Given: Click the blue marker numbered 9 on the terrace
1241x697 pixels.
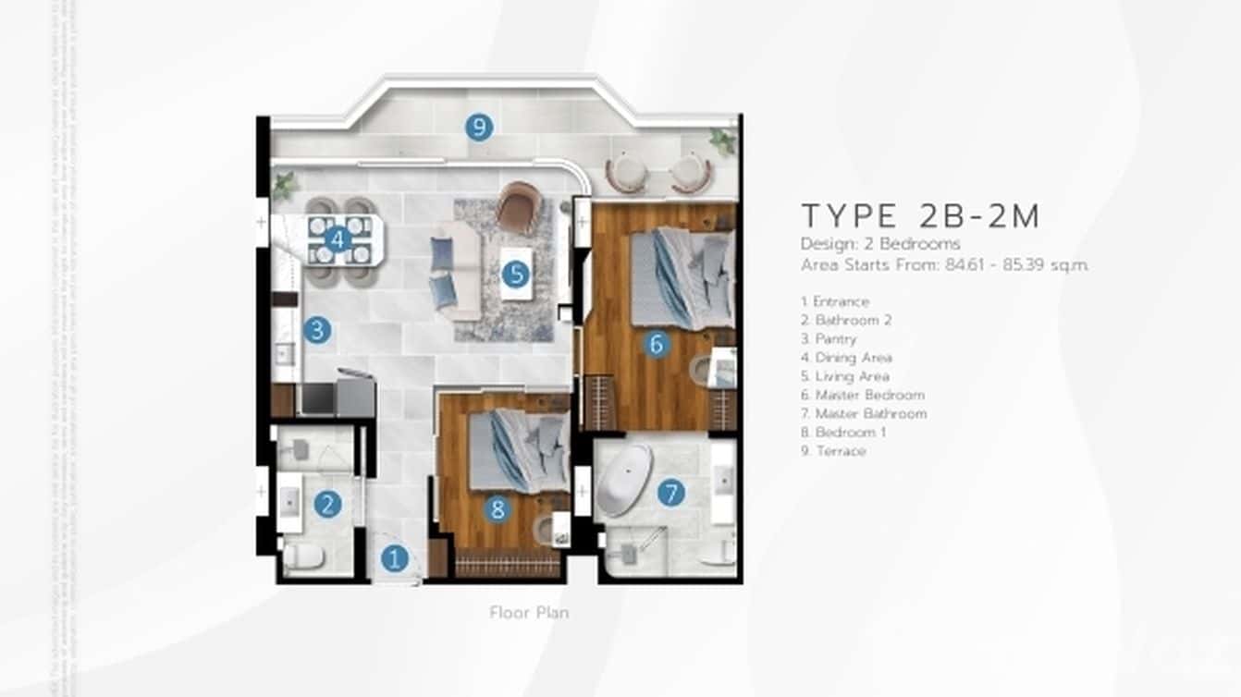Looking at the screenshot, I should (x=478, y=128).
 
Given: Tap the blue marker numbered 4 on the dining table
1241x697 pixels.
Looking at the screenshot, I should (x=338, y=239).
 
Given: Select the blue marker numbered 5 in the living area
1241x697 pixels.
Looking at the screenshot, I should (x=515, y=274).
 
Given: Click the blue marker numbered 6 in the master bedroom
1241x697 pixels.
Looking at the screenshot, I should (x=657, y=344).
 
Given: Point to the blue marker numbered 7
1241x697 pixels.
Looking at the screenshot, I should (x=671, y=493).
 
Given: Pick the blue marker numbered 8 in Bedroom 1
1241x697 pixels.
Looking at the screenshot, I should (x=498, y=508).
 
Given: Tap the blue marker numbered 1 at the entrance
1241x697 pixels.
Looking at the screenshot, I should (x=395, y=558).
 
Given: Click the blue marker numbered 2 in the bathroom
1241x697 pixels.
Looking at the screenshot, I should (x=327, y=504).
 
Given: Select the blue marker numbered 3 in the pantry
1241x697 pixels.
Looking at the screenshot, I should (x=317, y=330).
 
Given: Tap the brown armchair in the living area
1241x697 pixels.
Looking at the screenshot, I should (x=517, y=207).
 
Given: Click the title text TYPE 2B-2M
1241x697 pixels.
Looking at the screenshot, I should (x=921, y=215).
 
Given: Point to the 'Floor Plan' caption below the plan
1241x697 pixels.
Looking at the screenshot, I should (x=529, y=612).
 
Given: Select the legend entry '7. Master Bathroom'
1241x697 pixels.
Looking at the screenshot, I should (x=864, y=413).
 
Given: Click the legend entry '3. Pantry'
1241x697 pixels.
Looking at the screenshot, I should (x=829, y=338).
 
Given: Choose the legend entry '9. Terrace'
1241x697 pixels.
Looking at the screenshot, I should (x=833, y=451).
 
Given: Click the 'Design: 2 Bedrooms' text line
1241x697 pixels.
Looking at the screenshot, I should (x=880, y=244).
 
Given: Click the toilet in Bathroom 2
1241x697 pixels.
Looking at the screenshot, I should (x=303, y=556).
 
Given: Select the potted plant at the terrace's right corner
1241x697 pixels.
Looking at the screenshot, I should (x=722, y=141).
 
